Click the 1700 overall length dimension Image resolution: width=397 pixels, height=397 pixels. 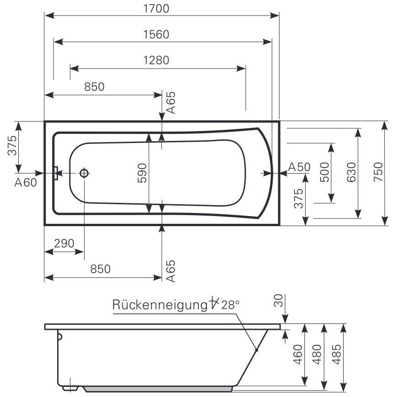[x=156, y=8]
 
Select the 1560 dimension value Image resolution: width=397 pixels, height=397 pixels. [x=156, y=34]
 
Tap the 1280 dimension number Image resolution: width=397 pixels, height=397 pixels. [x=156, y=60]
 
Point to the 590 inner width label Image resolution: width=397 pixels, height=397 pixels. [x=142, y=173]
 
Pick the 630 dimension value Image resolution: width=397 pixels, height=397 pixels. [x=351, y=172]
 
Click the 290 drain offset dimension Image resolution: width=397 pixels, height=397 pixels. [x=64, y=243]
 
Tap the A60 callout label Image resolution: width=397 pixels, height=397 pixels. [x=25, y=183]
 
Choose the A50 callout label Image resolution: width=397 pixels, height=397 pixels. [x=299, y=167]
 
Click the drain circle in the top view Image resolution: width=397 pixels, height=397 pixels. [x=84, y=173]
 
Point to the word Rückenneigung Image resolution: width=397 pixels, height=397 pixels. [x=159, y=305]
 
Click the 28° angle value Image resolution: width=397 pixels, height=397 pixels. [x=230, y=305]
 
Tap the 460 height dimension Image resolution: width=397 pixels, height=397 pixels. [x=298, y=354]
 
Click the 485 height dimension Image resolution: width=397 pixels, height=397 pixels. [x=337, y=354]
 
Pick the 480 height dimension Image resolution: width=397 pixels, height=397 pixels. [x=317, y=354]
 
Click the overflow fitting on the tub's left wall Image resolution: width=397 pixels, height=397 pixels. [x=55, y=173]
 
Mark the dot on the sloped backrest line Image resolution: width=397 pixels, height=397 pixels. [x=257, y=350]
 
